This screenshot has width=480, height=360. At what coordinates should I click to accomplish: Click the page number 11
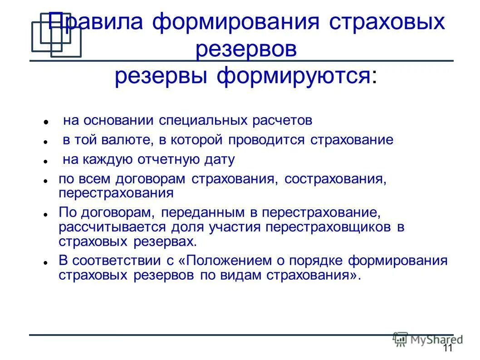tap(447, 348)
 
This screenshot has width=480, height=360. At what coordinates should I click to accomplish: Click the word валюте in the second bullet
tap(130, 140)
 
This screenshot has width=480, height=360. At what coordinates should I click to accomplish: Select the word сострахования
tap(335, 178)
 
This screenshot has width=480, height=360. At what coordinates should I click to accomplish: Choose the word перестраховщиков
tap(329, 227)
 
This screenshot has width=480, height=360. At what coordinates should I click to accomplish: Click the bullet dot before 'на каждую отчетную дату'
tap(46, 161)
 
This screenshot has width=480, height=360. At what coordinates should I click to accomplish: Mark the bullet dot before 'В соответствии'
tap(46, 263)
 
